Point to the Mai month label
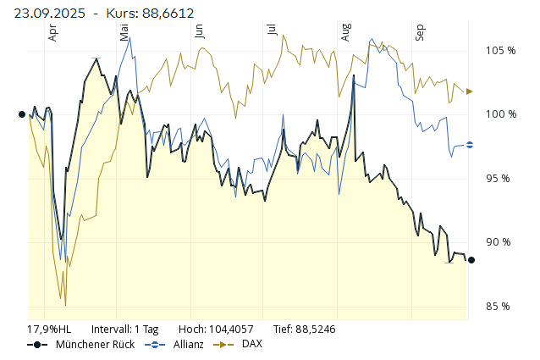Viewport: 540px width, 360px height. point(124,32)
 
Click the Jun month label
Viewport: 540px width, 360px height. point(199,31)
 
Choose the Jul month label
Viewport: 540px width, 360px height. point(271,30)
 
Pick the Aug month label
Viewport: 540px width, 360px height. point(345,32)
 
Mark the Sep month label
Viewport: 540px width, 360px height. point(418,32)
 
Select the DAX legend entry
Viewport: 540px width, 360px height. point(251,344)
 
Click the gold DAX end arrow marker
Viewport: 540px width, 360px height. point(471,91)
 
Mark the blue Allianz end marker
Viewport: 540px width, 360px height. point(471,145)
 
